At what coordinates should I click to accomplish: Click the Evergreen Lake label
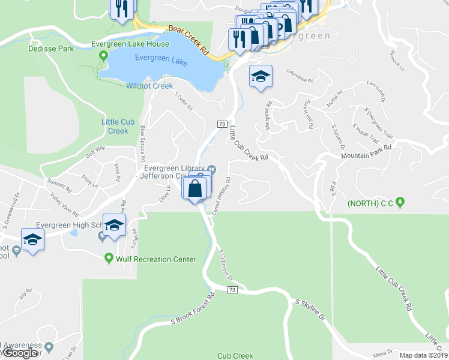coord(160,58)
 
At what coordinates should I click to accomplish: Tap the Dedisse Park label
coord(50,48)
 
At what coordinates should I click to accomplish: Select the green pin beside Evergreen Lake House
coord(104,56)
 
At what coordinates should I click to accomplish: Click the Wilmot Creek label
coord(149,86)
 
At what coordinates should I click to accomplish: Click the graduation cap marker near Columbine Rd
coord(261,77)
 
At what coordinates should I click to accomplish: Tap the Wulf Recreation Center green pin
coord(109,259)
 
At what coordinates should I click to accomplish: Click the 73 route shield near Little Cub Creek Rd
coord(221,124)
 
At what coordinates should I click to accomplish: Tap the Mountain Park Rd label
coord(366,151)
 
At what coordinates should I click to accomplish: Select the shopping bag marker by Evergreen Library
coord(196,189)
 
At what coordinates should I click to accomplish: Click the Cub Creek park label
coord(235,355)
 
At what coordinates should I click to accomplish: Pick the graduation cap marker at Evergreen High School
coord(113,226)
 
